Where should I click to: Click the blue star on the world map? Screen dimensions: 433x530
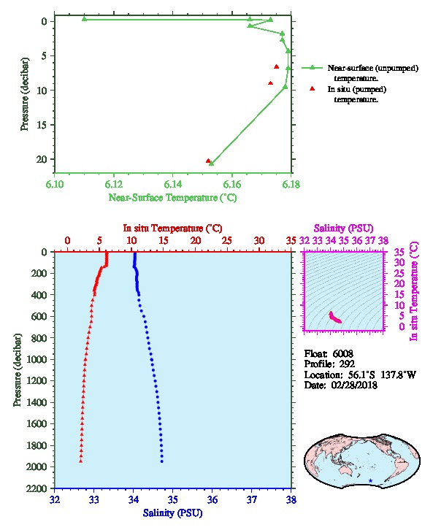tap(370, 480)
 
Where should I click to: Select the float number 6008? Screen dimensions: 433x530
tap(342, 353)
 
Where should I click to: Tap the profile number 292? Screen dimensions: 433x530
tap(347, 364)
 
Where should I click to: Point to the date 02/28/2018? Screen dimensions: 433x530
tap(354, 385)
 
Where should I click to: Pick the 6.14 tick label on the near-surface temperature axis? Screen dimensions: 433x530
tap(173, 184)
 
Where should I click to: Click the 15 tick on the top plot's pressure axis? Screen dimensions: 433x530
tap(42, 125)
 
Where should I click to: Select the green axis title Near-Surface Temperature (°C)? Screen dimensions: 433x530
tap(172, 197)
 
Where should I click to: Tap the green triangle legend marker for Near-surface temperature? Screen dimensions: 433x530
tap(312, 68)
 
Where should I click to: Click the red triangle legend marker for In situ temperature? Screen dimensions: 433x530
tap(312, 88)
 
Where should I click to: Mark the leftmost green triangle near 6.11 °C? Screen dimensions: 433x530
tap(84, 19)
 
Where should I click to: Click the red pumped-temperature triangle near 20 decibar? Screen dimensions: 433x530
tap(208, 161)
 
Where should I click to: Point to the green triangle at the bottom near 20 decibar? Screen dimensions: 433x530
tap(212, 164)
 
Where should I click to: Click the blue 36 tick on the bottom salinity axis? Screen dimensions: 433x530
tap(212, 499)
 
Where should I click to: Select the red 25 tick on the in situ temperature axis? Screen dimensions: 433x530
tap(227, 240)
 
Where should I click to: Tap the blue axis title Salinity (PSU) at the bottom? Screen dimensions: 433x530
tap(173, 512)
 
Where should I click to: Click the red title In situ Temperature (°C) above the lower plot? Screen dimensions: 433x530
tap(172, 228)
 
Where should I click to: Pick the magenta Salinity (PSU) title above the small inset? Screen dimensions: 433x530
tap(343, 228)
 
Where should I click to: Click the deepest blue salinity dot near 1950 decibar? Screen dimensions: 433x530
tap(162, 461)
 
